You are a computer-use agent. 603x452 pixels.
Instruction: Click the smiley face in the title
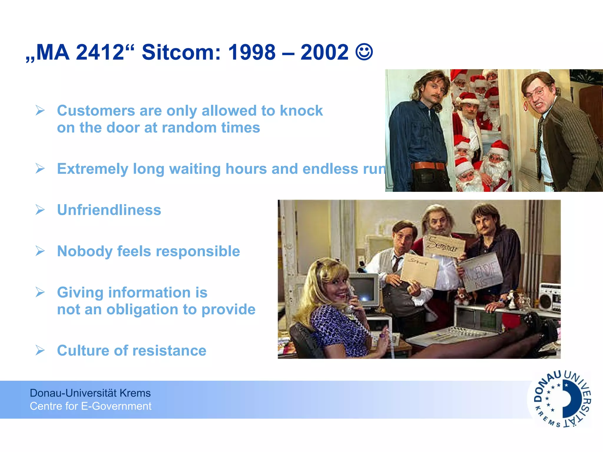(364, 52)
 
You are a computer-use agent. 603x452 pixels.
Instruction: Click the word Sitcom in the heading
(181, 52)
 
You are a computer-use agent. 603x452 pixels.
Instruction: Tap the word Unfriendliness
(109, 210)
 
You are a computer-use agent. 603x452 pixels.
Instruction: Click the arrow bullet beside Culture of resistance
(40, 350)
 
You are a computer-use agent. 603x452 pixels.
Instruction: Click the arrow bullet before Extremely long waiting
(40, 169)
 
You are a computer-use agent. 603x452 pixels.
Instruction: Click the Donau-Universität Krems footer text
(90, 393)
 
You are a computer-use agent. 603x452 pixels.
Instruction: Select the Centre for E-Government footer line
(90, 406)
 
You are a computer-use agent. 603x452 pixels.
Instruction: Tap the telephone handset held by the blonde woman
(350, 297)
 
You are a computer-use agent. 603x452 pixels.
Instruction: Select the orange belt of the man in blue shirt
(428, 166)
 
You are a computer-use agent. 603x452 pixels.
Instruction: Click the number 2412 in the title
(100, 52)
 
